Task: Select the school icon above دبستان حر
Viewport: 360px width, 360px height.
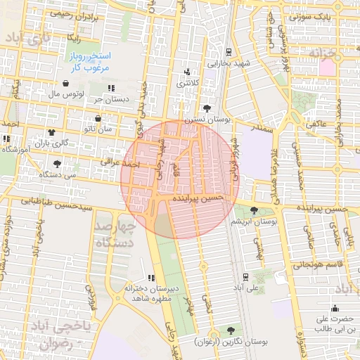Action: point(112,88)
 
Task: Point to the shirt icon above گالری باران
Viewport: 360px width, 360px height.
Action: point(51,131)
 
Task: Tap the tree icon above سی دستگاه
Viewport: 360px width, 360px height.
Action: point(56,162)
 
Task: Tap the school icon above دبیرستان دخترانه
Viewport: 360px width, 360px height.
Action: point(150,278)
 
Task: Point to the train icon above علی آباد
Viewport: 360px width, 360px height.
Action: point(245,277)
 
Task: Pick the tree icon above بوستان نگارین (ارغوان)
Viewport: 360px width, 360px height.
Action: point(231,330)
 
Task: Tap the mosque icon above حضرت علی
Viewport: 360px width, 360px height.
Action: point(334,307)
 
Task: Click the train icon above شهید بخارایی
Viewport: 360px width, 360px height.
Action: point(229,53)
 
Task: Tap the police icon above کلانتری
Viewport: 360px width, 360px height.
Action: point(186,72)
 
